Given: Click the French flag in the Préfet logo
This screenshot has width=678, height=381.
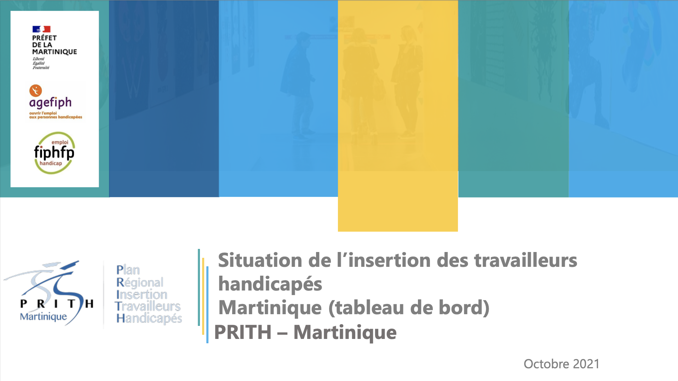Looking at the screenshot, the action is [41, 29].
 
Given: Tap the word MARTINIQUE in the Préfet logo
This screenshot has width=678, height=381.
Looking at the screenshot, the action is [54, 52].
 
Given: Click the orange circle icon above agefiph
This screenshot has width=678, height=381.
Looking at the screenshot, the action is [35, 91].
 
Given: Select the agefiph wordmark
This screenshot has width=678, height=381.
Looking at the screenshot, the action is [50, 103].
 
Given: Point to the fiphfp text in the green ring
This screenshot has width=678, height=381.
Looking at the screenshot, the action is [54, 153].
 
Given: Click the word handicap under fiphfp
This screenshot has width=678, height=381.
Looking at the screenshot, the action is [51, 163].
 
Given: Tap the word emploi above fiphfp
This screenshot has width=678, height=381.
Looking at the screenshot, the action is [60, 142].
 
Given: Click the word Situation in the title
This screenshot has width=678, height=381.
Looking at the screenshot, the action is [260, 260].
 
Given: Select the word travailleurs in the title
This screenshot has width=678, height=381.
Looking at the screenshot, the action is [525, 260].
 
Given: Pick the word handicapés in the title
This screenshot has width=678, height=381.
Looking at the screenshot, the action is [270, 284].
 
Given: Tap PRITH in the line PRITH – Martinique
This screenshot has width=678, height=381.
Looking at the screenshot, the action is [243, 332].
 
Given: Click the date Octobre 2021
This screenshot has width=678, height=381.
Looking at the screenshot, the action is [562, 364].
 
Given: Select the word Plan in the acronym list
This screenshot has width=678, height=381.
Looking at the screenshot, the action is [128, 270].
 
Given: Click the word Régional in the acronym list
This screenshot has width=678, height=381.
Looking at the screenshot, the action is [140, 282].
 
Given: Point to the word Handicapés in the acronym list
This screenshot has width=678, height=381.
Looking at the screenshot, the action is [149, 318].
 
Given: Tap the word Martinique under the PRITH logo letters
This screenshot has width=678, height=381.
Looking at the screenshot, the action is [43, 317].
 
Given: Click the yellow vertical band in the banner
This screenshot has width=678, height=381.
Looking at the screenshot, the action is [398, 116].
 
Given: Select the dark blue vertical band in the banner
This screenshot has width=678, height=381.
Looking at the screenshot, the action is [164, 99].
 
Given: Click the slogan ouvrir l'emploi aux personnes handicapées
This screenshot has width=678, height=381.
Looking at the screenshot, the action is [56, 115].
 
